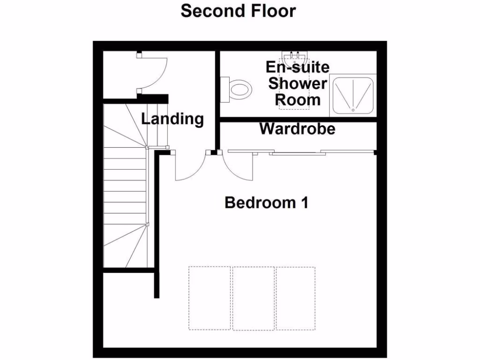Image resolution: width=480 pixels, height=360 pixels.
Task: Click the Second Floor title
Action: pyautogui.click(x=238, y=10)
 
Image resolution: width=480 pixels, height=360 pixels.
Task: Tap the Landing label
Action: pyautogui.click(x=172, y=119)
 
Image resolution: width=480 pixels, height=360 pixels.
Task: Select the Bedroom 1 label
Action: pyautogui.click(x=266, y=203)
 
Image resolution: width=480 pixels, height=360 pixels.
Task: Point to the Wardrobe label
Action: pyautogui.click(x=298, y=128)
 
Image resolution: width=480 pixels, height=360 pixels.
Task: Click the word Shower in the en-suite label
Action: pyautogui.click(x=297, y=83)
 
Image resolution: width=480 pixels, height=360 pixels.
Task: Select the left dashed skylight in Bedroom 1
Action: pyautogui.click(x=210, y=298)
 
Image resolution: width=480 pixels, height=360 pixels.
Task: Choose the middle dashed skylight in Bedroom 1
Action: pyautogui.click(x=254, y=298)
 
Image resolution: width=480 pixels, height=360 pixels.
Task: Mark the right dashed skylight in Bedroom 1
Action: pyautogui.click(x=296, y=298)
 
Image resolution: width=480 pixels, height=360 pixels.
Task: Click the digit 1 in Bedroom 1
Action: pyautogui.click(x=303, y=203)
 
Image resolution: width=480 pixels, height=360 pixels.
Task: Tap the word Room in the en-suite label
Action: pyautogui.click(x=297, y=99)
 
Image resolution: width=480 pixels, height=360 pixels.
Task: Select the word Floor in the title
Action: pyautogui.click(x=272, y=10)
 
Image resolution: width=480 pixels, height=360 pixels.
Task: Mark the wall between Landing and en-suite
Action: pyautogui.click(x=217, y=98)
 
